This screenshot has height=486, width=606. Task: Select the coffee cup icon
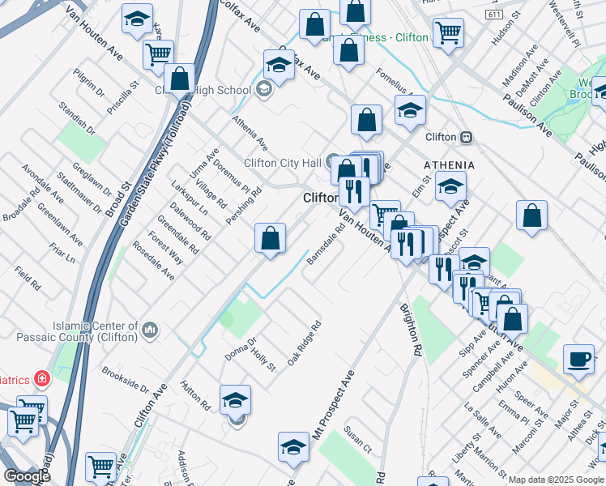[579, 359]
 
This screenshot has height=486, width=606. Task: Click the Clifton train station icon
[466, 138]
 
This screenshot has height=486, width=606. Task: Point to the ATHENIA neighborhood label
[449, 165]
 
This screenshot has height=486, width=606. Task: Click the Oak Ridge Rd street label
[305, 342]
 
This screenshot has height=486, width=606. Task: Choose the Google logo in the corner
[27, 475]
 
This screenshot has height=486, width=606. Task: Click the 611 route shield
[493, 15]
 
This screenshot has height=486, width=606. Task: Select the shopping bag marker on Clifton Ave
[271, 238]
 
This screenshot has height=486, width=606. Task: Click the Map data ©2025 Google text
[556, 480]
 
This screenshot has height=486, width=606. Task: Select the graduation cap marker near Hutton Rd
[235, 400]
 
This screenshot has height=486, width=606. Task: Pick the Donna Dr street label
[241, 350]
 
